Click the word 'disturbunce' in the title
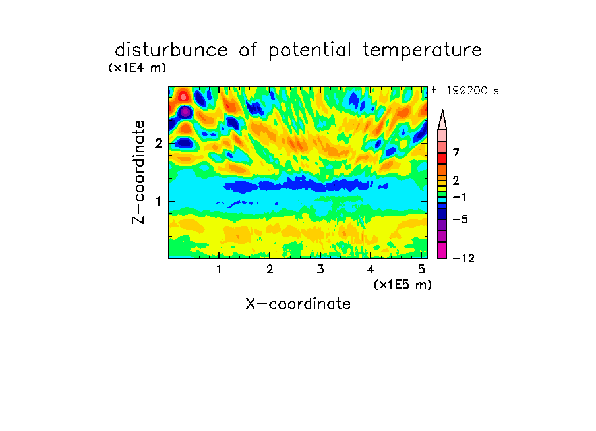[x=171, y=50]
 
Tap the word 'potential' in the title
[x=310, y=51]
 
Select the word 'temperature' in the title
[x=422, y=51]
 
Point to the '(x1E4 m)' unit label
[x=137, y=68]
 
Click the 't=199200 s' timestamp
[x=465, y=90]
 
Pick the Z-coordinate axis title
[x=138, y=172]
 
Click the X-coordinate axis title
[x=298, y=304]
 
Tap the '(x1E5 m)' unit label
[x=403, y=285]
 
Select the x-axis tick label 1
[x=219, y=270]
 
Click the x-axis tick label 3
[x=320, y=270]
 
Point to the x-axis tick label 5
[x=421, y=270]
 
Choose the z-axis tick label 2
[x=158, y=144]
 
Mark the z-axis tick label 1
[x=158, y=202]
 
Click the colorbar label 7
[x=456, y=153]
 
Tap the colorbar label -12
[x=463, y=258]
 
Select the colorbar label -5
[x=460, y=219]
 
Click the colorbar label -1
[x=460, y=197]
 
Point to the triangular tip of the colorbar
[x=442, y=111]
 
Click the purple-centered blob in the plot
[x=185, y=112]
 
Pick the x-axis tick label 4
[x=371, y=270]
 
